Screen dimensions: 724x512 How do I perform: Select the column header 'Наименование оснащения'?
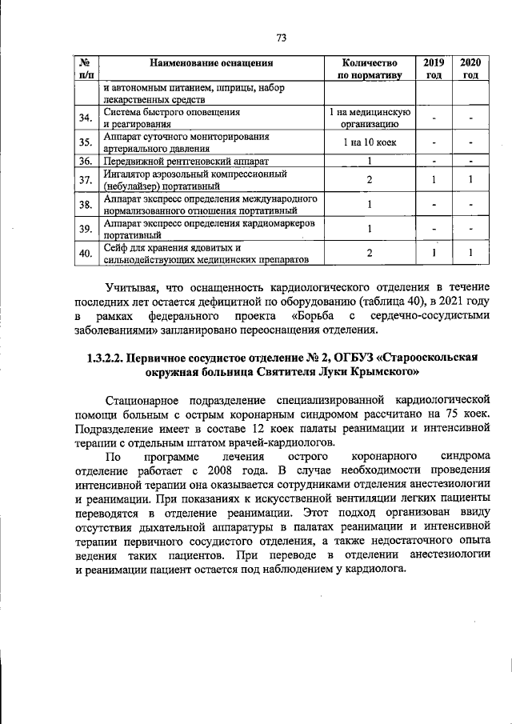(x=211, y=62)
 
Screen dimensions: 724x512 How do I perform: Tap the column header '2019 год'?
(x=433, y=68)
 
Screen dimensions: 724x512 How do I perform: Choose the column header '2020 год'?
(x=470, y=68)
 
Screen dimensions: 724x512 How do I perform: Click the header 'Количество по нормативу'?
(x=369, y=68)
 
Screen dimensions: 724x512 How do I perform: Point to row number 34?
(x=85, y=118)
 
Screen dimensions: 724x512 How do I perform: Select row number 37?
(x=85, y=180)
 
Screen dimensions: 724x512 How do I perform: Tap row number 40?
(x=85, y=254)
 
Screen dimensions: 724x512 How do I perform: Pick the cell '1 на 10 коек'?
(x=369, y=142)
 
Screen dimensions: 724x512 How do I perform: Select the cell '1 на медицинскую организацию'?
(x=369, y=118)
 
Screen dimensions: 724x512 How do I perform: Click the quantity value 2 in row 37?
(x=369, y=180)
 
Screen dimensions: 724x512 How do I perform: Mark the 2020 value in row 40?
(x=470, y=254)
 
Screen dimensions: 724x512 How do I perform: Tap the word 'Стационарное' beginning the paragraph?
(x=150, y=398)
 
